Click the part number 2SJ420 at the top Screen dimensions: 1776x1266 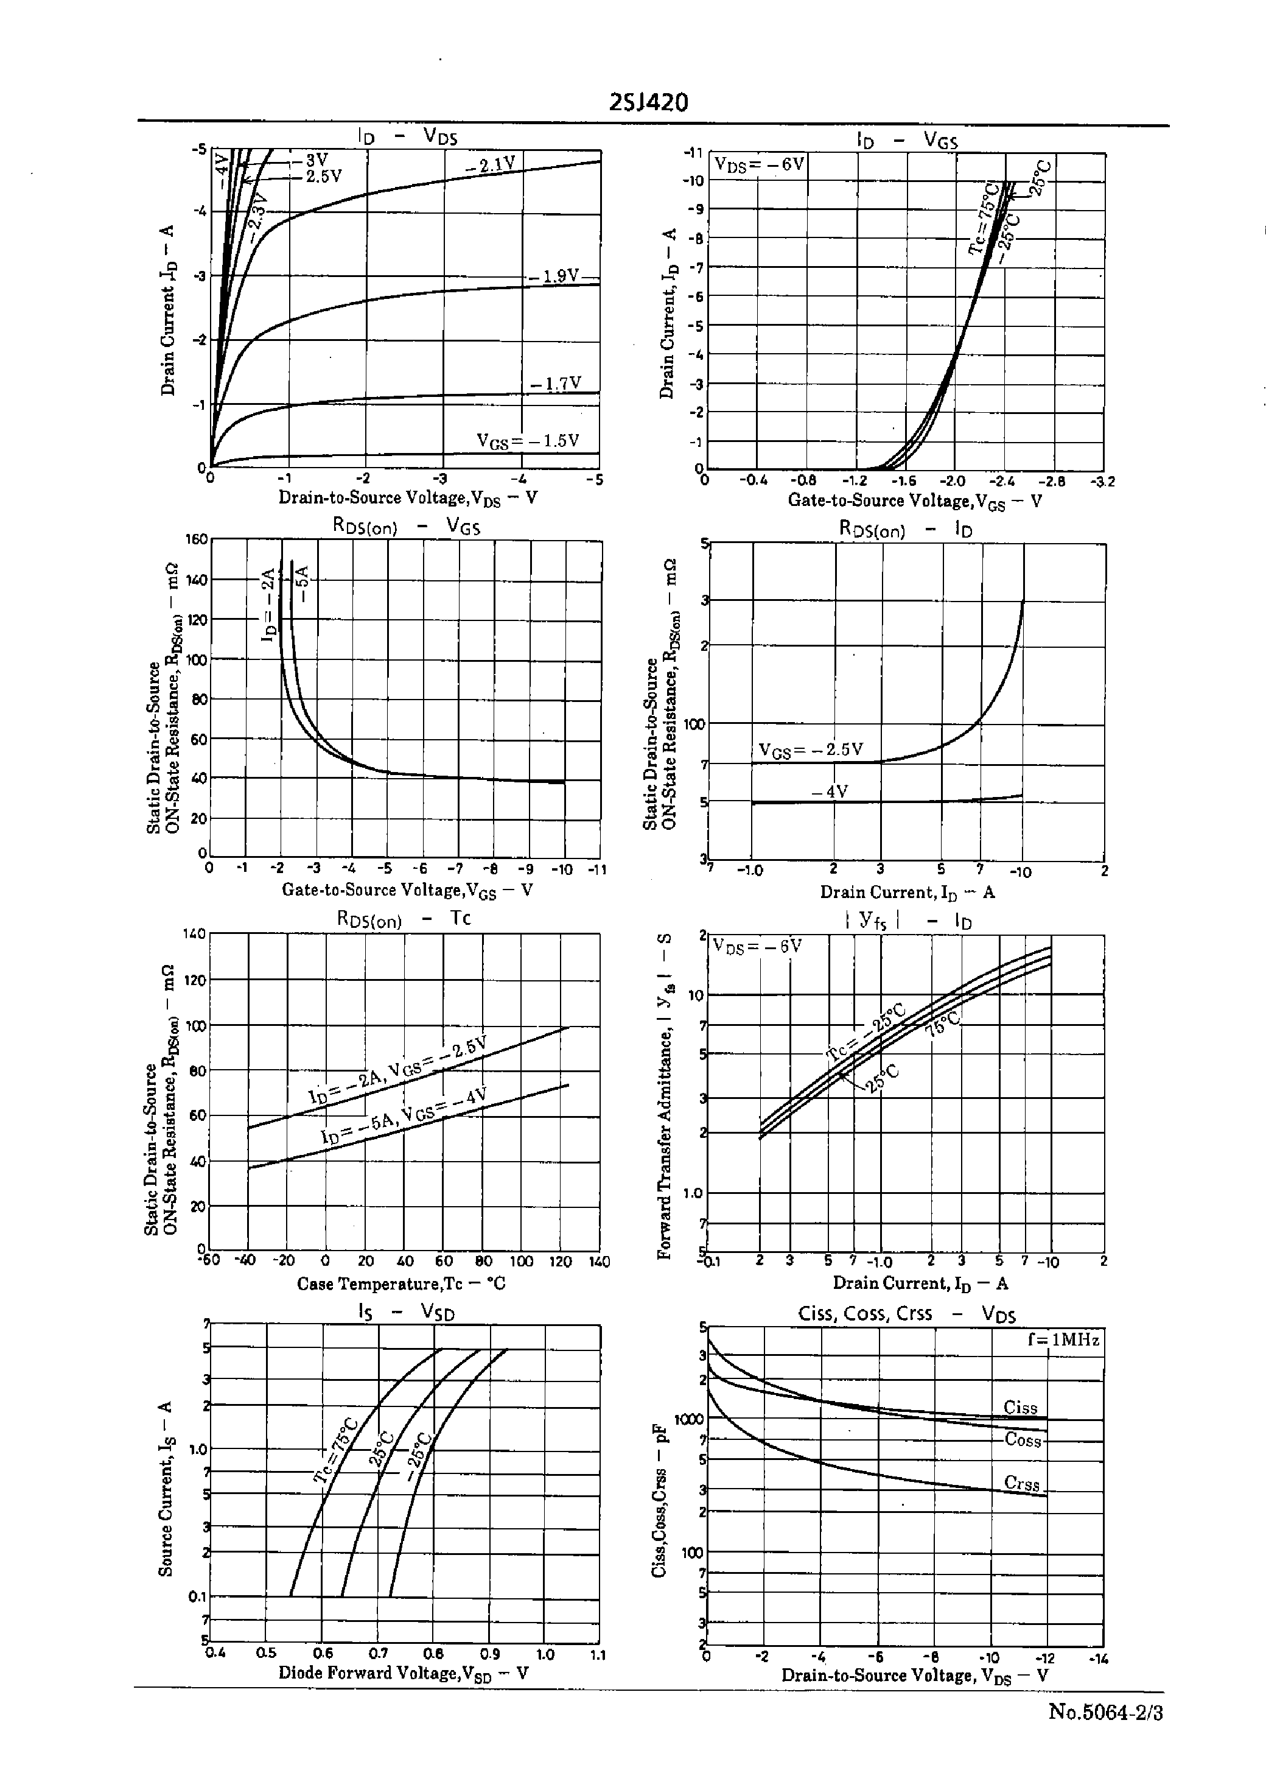pyautogui.click(x=649, y=102)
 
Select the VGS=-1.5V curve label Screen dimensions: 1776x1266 pyautogui.click(x=528, y=441)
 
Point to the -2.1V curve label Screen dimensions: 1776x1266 pyautogui.click(x=491, y=164)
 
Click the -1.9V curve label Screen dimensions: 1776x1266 pyautogui.click(x=554, y=276)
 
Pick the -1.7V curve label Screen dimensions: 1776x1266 pyautogui.click(x=555, y=384)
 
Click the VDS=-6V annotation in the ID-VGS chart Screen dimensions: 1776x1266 pyautogui.click(x=759, y=164)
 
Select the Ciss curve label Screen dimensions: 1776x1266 pyautogui.click(x=1021, y=1407)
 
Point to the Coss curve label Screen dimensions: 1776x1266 pyautogui.click(x=1023, y=1440)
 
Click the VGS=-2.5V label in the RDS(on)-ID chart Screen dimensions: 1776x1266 pyautogui.click(x=811, y=750)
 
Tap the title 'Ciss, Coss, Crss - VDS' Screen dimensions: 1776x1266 pyautogui.click(x=907, y=1314)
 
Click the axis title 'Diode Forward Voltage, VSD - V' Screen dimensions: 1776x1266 pyautogui.click(x=403, y=1673)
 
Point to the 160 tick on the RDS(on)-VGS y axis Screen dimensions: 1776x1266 pyautogui.click(x=197, y=539)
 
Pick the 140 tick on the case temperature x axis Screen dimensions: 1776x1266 pyautogui.click(x=599, y=1262)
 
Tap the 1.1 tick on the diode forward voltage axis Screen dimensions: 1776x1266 pyautogui.click(x=597, y=1654)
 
